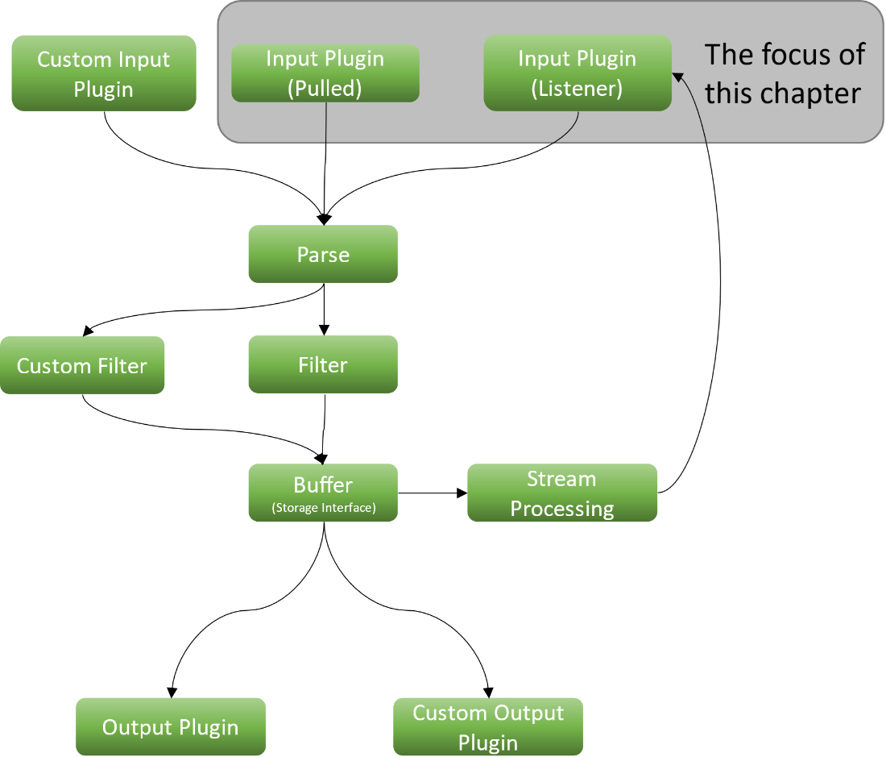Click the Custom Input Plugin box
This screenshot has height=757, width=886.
[104, 73]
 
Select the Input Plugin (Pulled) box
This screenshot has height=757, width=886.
[325, 73]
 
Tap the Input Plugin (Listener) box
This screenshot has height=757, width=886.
[577, 73]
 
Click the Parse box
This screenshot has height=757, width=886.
[323, 255]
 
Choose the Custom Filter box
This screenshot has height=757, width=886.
[82, 366]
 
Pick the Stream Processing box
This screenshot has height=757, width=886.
[562, 493]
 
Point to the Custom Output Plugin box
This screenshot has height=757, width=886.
[488, 727]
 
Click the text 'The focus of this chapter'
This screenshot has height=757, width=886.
[784, 74]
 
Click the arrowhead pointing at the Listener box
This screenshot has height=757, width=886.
[677, 77]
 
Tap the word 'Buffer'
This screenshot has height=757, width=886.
[323, 485]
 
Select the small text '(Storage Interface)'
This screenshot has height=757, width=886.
[324, 509]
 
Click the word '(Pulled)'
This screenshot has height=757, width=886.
[325, 89]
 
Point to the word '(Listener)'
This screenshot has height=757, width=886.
[577, 89]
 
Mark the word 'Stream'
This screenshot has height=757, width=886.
[561, 479]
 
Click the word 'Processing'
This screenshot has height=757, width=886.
[562, 509]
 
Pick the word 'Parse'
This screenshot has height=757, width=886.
[323, 255]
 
